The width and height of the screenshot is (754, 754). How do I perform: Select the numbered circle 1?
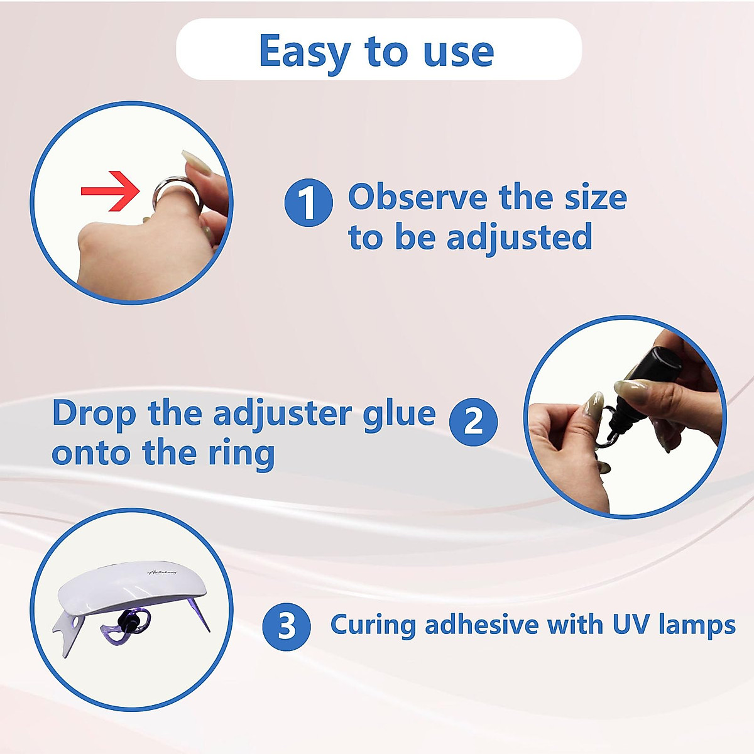click(x=308, y=202)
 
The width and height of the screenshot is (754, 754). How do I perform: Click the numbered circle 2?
click(x=473, y=422)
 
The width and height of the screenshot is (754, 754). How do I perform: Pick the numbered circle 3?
click(x=286, y=626)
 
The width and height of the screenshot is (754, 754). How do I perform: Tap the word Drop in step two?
click(x=94, y=414)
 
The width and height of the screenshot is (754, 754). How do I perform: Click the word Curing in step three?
click(x=373, y=626)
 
